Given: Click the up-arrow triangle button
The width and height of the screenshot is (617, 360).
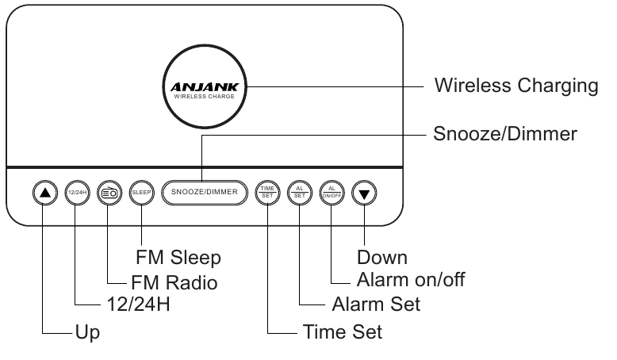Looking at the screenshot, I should [45, 193].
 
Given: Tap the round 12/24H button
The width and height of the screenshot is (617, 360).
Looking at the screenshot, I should [77, 193].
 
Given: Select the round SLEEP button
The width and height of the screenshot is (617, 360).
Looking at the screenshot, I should [141, 193].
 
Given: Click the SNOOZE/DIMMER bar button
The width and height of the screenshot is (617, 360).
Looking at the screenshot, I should [204, 193].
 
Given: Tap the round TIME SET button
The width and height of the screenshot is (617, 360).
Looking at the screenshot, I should [267, 193].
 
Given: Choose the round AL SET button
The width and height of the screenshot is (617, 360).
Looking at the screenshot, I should [299, 193].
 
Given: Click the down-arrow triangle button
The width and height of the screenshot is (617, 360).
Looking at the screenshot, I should [363, 193].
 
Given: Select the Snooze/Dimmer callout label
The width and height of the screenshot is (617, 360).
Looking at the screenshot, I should [504, 134].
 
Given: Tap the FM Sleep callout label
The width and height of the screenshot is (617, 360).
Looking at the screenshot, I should [178, 258].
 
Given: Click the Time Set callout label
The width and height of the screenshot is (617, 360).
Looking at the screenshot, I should [342, 331].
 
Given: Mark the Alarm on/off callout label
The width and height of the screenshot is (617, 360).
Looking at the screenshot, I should [411, 280].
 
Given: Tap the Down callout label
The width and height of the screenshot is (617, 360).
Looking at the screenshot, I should [382, 258].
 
